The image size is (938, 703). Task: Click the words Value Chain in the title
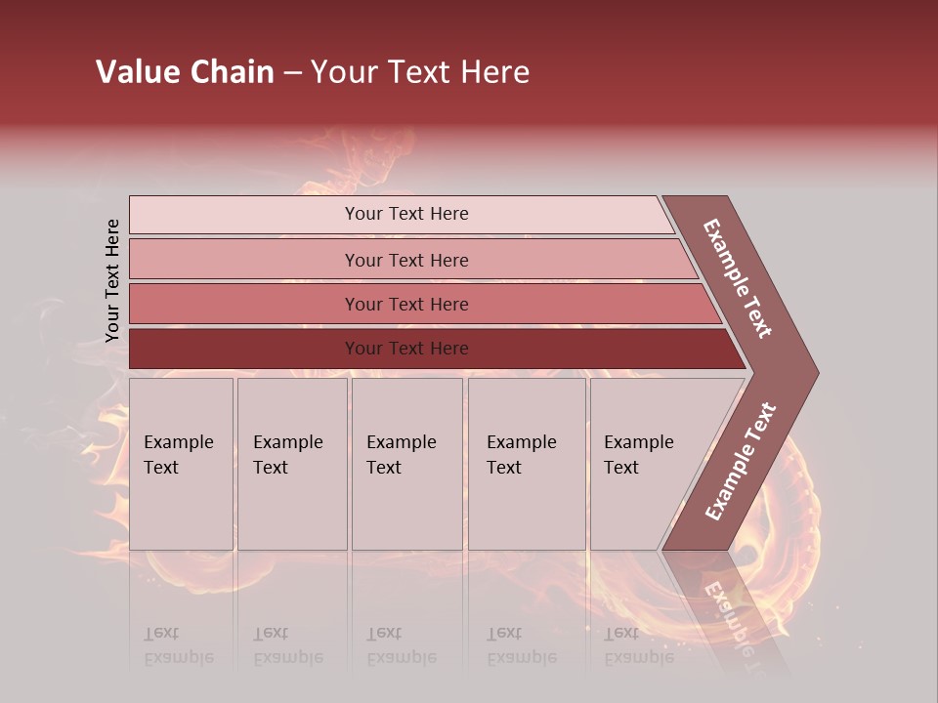pos(185,72)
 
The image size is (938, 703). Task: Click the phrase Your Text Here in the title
pos(420,72)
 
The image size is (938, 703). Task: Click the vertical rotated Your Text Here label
pos(112,280)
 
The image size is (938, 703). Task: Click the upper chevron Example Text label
pos(739,278)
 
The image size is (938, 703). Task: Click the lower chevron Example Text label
pos(741,461)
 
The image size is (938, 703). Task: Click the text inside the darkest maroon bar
pos(406,349)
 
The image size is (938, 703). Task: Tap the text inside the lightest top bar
pos(406,214)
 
